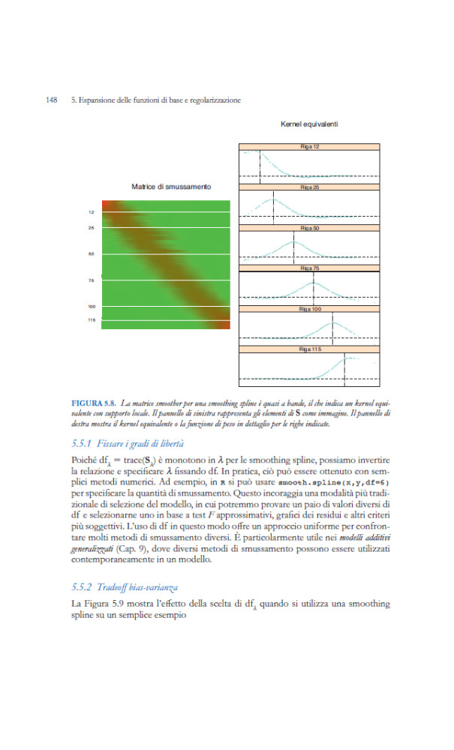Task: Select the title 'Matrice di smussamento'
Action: [170, 186]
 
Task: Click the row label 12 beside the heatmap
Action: [91, 213]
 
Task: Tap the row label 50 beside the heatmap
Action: [91, 253]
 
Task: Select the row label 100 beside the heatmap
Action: [91, 306]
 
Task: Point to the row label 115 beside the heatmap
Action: [91, 319]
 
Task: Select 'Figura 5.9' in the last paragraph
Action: [101, 604]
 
